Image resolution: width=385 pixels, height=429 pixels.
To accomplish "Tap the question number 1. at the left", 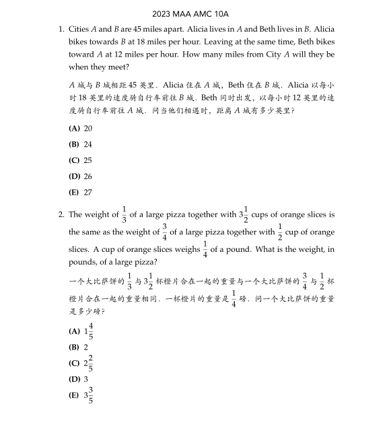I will [61, 30].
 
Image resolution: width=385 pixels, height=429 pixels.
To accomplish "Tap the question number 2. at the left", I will [61, 215].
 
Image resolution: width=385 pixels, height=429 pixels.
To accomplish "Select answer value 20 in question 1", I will [88, 128].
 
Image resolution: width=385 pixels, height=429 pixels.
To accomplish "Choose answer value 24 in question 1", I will [88, 144].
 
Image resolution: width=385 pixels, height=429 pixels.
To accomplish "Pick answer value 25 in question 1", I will [88, 160].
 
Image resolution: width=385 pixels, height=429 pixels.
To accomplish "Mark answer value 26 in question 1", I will [88, 176].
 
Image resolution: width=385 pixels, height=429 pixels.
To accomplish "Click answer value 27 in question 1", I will [88, 193].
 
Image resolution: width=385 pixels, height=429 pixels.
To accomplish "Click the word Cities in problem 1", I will [79, 30].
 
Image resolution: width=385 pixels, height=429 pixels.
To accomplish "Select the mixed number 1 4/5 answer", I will [88, 331].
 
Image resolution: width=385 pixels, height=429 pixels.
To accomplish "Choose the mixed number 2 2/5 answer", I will [88, 363].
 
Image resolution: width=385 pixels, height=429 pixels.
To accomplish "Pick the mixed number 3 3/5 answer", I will [88, 395].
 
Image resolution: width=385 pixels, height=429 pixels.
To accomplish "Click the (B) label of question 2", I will [74, 348].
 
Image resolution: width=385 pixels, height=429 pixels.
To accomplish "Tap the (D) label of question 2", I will [74, 379].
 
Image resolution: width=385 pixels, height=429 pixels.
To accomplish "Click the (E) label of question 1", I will [74, 193].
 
